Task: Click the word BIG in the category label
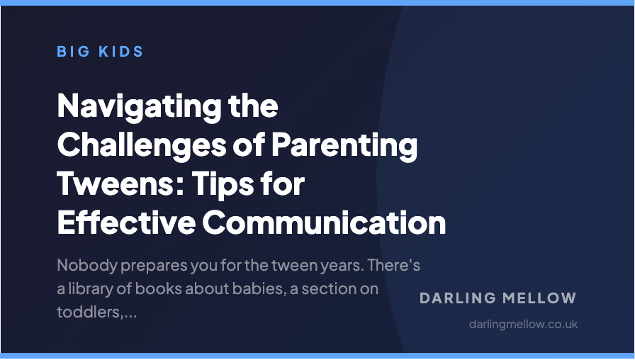pos(71,52)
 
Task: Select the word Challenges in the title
pos(135,146)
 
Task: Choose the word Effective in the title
pos(125,223)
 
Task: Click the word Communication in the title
pos(324,223)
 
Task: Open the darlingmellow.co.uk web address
pos(523,324)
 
